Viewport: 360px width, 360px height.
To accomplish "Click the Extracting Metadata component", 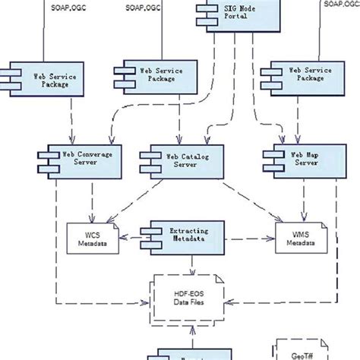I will (185, 234).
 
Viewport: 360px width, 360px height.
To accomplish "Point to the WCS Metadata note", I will (92, 238).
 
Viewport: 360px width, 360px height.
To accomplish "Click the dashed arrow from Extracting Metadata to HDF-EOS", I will (192, 262).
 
